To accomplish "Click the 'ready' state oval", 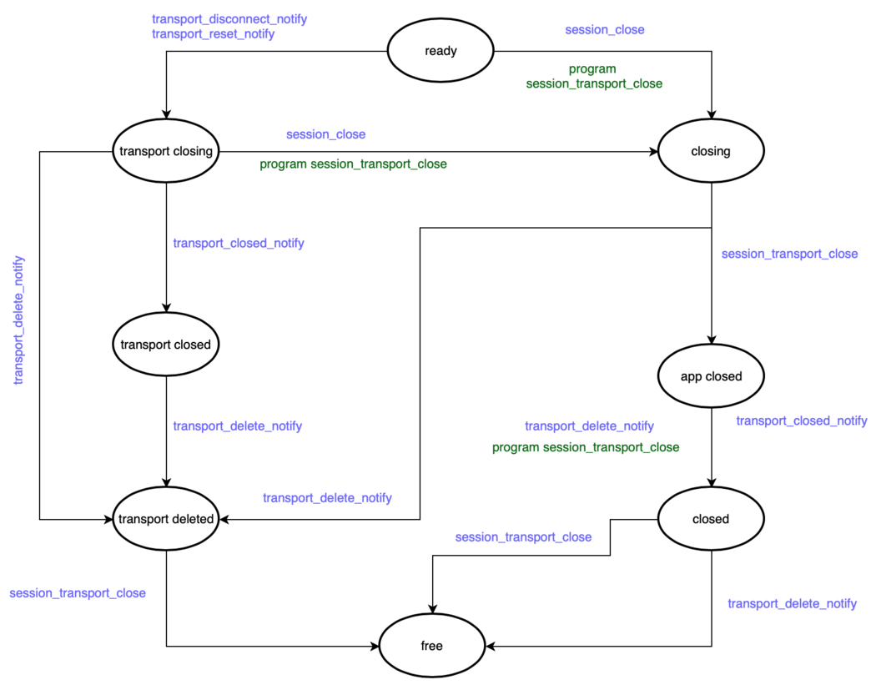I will tap(441, 51).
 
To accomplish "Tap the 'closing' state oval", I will tap(711, 151).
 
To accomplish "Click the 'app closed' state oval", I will tap(711, 376).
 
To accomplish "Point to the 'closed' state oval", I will tap(711, 519).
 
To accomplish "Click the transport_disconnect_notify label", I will tap(229, 18).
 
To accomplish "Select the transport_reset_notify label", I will tap(213, 34).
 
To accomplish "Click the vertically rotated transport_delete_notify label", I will tap(18, 320).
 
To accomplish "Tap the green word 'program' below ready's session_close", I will tap(592, 69).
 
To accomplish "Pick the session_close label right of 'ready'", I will tap(605, 30).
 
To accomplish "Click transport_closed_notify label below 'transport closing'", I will tap(239, 244).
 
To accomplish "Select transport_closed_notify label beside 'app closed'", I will tap(801, 421).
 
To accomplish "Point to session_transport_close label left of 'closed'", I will tap(523, 537).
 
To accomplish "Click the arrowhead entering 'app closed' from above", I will tap(711, 339).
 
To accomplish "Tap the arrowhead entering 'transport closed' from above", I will tap(166, 305).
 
